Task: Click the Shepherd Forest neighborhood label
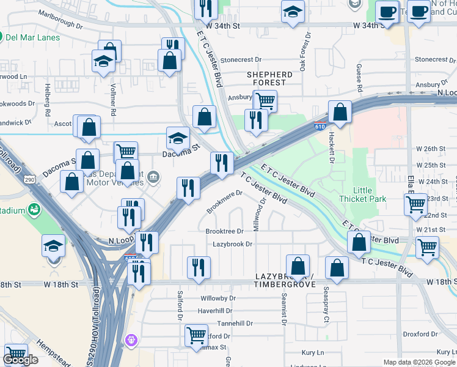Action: [269, 78]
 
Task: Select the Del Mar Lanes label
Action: [32, 37]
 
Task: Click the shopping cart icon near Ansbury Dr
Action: [265, 101]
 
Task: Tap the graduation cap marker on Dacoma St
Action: [178, 139]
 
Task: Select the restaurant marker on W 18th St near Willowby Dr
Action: [199, 267]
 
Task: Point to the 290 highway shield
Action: [29, 180]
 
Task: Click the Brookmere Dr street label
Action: [224, 201]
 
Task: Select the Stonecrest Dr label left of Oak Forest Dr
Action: [241, 60]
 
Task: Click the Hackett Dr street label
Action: [332, 150]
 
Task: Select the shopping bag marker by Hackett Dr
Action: [340, 113]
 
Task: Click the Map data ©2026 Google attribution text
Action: [419, 362]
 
